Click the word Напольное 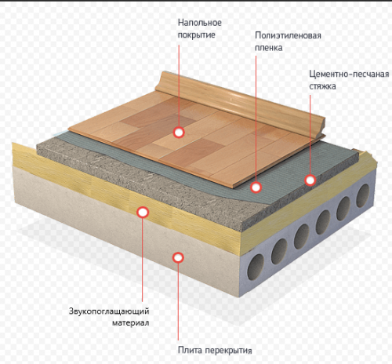click(x=200, y=23)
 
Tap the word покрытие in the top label click(x=196, y=35)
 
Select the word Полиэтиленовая click(x=288, y=35)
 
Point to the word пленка click(x=269, y=48)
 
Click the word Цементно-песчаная click(x=349, y=74)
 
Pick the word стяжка click(x=322, y=86)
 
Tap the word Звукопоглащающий click(x=109, y=311)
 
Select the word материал click(x=131, y=323)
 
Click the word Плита click(x=190, y=350)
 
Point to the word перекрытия click(x=229, y=351)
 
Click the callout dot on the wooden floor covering click(x=179, y=133)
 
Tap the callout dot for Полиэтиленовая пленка click(x=256, y=187)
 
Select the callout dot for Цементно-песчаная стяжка click(x=310, y=180)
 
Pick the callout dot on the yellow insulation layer click(x=143, y=212)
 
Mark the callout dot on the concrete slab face click(x=178, y=257)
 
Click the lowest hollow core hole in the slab click(x=256, y=267)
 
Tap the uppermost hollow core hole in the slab click(x=363, y=195)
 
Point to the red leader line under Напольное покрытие click(x=179, y=86)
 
